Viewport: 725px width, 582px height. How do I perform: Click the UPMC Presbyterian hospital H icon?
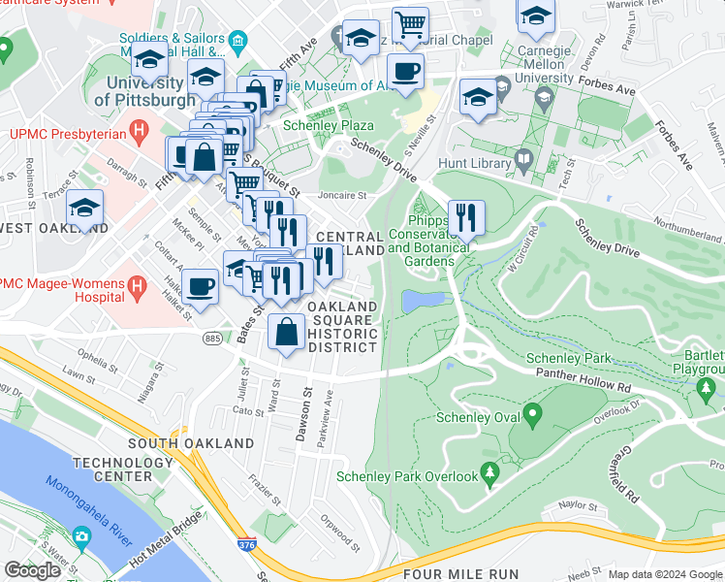pos(141,129)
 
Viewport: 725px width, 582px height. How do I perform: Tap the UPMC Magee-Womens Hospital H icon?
pos(137,286)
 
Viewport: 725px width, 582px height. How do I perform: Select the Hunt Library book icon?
pos(523,159)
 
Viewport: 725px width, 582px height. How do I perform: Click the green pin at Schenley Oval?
pos(532,417)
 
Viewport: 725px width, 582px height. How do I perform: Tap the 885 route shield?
pos(211,338)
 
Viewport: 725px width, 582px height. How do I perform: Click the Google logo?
pos(33,570)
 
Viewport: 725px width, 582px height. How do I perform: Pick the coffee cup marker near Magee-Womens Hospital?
pos(200,287)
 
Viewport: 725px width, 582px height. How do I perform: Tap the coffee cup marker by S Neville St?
pos(405,71)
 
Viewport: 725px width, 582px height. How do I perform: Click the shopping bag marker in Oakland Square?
pos(288,332)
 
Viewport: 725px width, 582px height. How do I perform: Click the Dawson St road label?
pos(302,414)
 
